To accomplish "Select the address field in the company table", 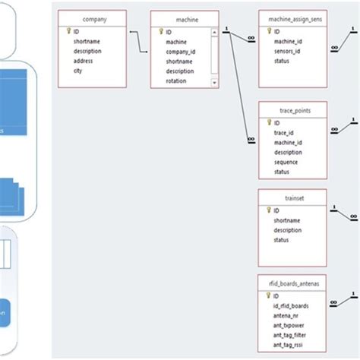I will coord(84,62).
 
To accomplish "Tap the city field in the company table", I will coord(78,71).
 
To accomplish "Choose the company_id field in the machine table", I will coord(182,52).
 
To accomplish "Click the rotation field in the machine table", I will coord(178,81).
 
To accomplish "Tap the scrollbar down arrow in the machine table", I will coord(215,83).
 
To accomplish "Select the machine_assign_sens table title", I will coord(292,17).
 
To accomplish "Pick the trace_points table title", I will coord(292,110).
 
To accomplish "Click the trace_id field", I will coord(283,132).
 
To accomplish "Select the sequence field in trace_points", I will coord(286,162).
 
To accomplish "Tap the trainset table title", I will coord(292,197).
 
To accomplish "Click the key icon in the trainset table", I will coord(267,210).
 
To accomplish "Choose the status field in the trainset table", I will coord(283,240).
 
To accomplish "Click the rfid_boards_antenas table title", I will coord(292,283).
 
